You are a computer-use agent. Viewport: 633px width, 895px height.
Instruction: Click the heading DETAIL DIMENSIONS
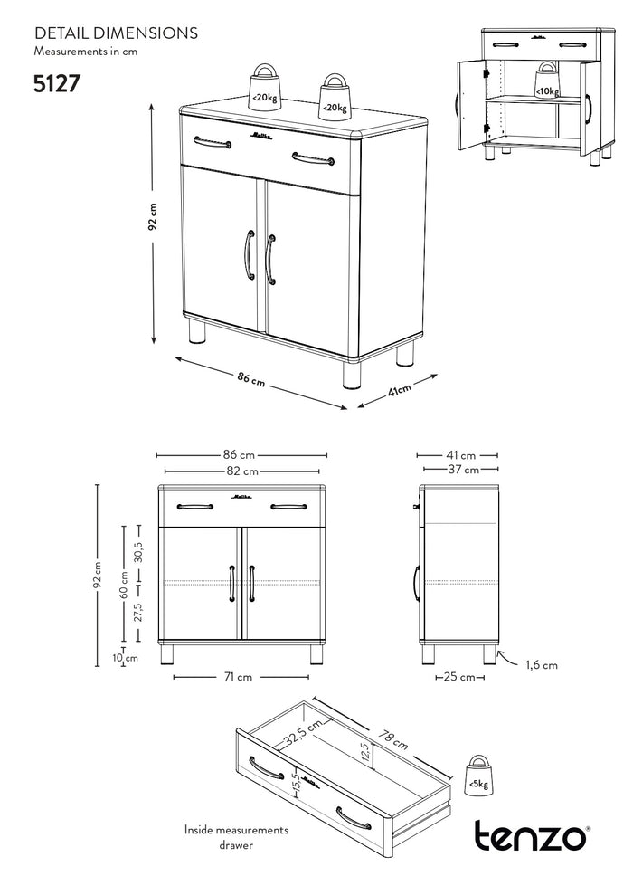tap(116, 33)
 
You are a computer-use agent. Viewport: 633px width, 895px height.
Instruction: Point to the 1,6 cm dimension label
tap(542, 665)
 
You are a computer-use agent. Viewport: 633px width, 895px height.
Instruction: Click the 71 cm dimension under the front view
tap(239, 677)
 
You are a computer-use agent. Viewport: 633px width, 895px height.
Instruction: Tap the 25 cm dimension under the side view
tap(460, 677)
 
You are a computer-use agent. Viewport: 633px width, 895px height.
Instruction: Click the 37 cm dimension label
tap(458, 470)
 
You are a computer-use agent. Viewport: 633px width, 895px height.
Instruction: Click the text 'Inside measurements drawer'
tap(236, 836)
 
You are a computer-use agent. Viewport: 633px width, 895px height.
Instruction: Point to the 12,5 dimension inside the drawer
tap(366, 752)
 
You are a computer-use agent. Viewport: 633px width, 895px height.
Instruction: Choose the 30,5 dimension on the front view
tap(138, 554)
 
